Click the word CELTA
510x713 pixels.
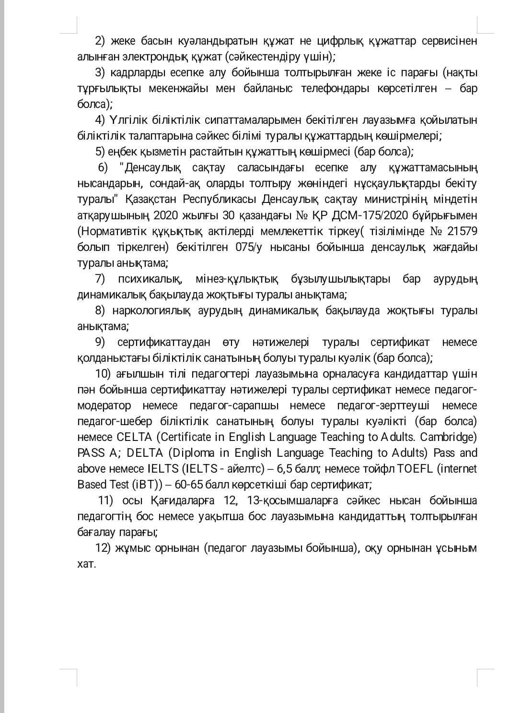click(134, 437)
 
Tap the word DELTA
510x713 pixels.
click(145, 453)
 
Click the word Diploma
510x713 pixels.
click(194, 453)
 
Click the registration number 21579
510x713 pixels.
click(462, 231)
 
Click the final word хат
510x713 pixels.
click(87, 564)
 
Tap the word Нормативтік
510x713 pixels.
click(109, 231)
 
